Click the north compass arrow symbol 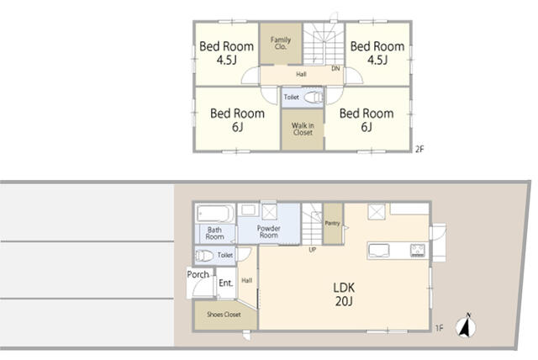tap(466, 326)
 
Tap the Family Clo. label tap(280, 43)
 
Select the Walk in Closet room tap(303, 130)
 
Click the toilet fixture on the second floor tap(314, 97)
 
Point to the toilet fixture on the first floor tap(204, 256)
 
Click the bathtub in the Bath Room tap(215, 214)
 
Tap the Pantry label tap(332, 224)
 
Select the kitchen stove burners tap(418, 250)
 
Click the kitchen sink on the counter tap(378, 251)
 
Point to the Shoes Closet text tap(224, 315)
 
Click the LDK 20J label tap(344, 294)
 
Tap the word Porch tap(198, 274)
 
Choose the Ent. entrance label tap(226, 283)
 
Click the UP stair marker tap(312, 250)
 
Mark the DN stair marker tap(335, 68)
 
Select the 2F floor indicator tap(419, 149)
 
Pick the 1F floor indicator tap(439, 328)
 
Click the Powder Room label tap(269, 231)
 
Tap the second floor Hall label tap(301, 74)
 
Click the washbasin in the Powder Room tap(248, 209)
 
